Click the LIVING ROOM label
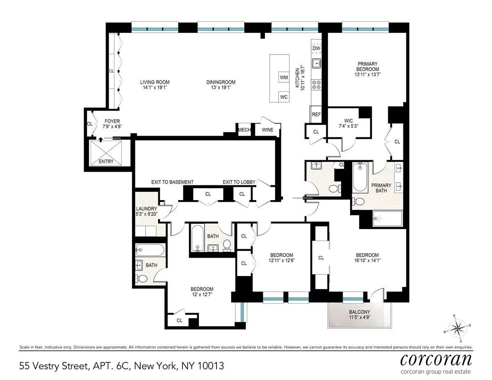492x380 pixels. [155, 82]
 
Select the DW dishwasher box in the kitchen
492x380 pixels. [316, 48]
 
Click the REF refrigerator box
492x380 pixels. [316, 115]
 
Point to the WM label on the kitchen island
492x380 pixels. [284, 77]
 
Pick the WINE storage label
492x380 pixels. [267, 130]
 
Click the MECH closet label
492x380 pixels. [244, 130]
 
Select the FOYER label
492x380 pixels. [112, 121]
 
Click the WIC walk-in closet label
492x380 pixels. [348, 121]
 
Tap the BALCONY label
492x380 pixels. [360, 312]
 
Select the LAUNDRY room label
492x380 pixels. [146, 209]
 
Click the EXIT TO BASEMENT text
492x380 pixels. [172, 182]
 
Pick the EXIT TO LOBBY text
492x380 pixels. [239, 182]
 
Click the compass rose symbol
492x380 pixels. [457, 328]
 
